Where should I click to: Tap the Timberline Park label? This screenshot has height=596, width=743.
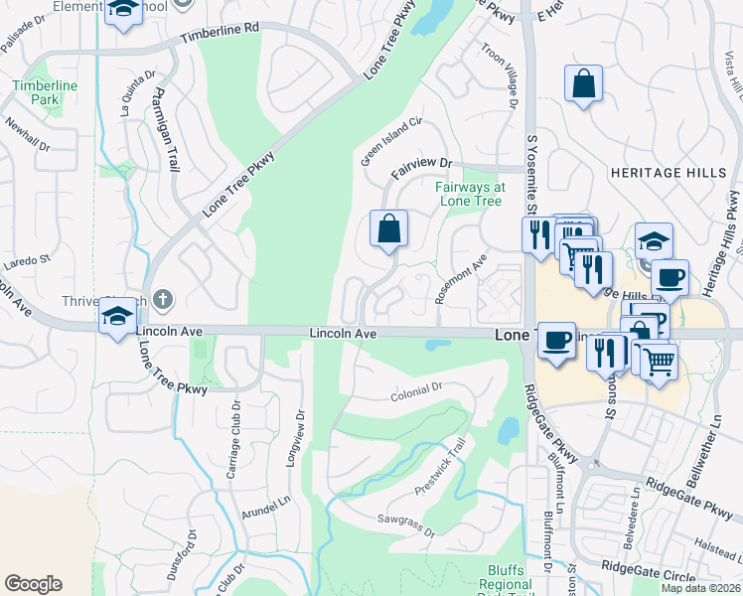[45, 92]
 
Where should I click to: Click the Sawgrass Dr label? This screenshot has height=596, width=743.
[405, 525]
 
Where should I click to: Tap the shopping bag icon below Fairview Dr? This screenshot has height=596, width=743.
[389, 229]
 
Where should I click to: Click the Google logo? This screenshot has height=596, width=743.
[33, 584]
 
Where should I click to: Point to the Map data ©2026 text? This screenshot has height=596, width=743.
[699, 588]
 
